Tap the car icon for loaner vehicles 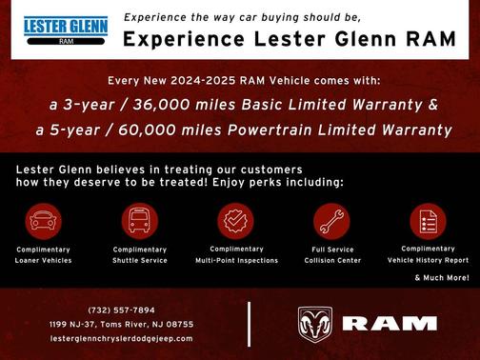click(42, 221)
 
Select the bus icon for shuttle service click(139, 221)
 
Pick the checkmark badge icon click(235, 221)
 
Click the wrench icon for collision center click(332, 221)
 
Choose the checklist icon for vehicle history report click(428, 221)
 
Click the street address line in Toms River click(121, 324)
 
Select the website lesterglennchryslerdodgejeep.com click(121, 338)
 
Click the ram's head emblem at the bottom click(315, 324)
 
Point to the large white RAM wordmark click(390, 324)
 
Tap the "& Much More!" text click(441, 277)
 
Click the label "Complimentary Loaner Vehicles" click(43, 254)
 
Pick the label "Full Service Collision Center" click(332, 254)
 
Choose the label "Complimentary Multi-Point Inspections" click(236, 254)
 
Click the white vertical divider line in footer click(249, 324)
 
